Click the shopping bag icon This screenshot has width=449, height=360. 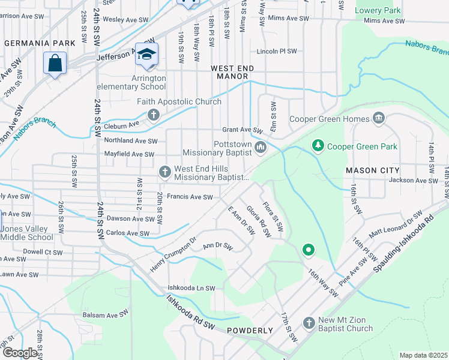(55, 62)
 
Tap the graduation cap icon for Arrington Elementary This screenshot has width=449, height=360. (146, 54)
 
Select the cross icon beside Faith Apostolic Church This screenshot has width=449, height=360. (153, 115)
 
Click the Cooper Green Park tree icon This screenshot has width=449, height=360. (318, 146)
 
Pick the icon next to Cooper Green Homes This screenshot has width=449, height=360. (379, 118)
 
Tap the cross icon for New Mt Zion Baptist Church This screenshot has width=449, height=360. (309, 323)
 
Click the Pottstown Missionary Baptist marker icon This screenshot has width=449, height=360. (261, 148)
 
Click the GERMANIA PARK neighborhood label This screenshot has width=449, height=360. (40, 43)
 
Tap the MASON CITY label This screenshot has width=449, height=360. (369, 171)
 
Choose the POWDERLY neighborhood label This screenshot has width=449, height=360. (250, 331)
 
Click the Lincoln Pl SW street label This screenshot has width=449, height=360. (277, 52)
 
